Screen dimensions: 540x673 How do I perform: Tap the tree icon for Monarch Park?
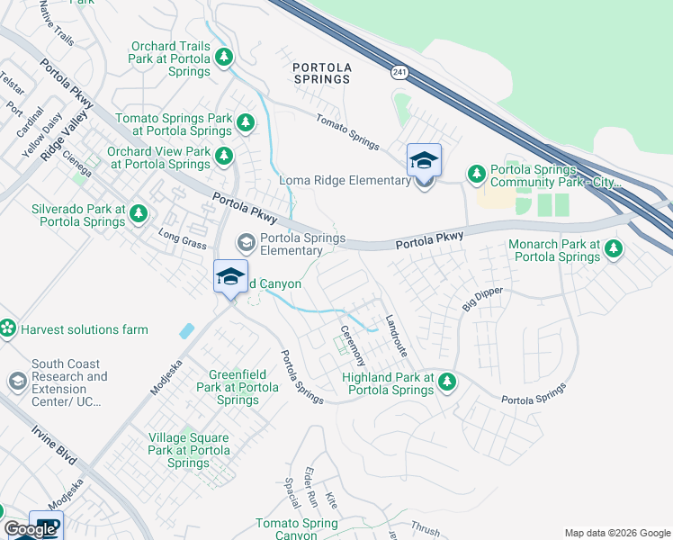(x=614, y=247)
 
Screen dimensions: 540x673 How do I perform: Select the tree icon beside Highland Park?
(x=447, y=384)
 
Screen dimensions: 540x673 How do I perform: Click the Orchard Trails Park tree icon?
(x=224, y=57)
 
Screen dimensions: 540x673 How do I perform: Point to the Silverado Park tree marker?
(x=138, y=213)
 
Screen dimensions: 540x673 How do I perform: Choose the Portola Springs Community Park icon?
(x=474, y=173)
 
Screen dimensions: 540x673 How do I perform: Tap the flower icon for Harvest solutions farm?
(x=8, y=329)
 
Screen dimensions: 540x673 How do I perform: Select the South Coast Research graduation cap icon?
(x=17, y=382)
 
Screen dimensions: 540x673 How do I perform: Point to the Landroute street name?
(x=396, y=337)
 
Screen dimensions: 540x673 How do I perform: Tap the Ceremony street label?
(x=350, y=346)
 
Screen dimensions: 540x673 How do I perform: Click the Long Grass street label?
(x=177, y=238)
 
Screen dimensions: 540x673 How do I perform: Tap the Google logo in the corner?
(x=30, y=530)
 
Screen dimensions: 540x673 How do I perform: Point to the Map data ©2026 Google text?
(x=616, y=533)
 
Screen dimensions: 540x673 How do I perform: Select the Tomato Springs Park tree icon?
(x=246, y=121)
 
